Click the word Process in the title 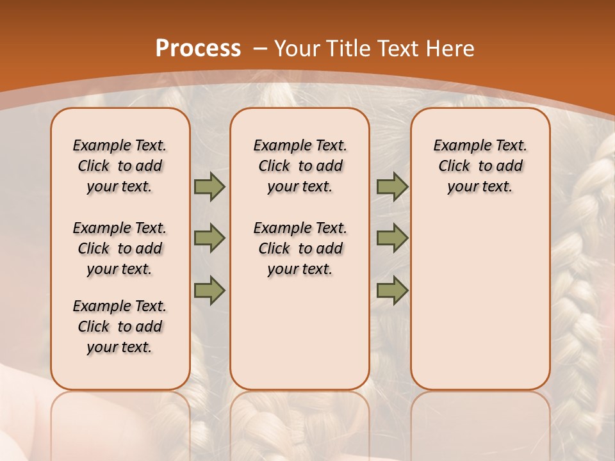198,49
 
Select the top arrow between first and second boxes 209,186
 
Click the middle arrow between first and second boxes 209,238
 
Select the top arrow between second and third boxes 392,186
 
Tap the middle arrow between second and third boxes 392,238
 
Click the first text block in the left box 120,166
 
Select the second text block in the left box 120,248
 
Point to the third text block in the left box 120,327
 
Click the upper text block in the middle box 300,166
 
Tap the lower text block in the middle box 300,248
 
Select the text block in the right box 480,166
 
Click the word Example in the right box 457,146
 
